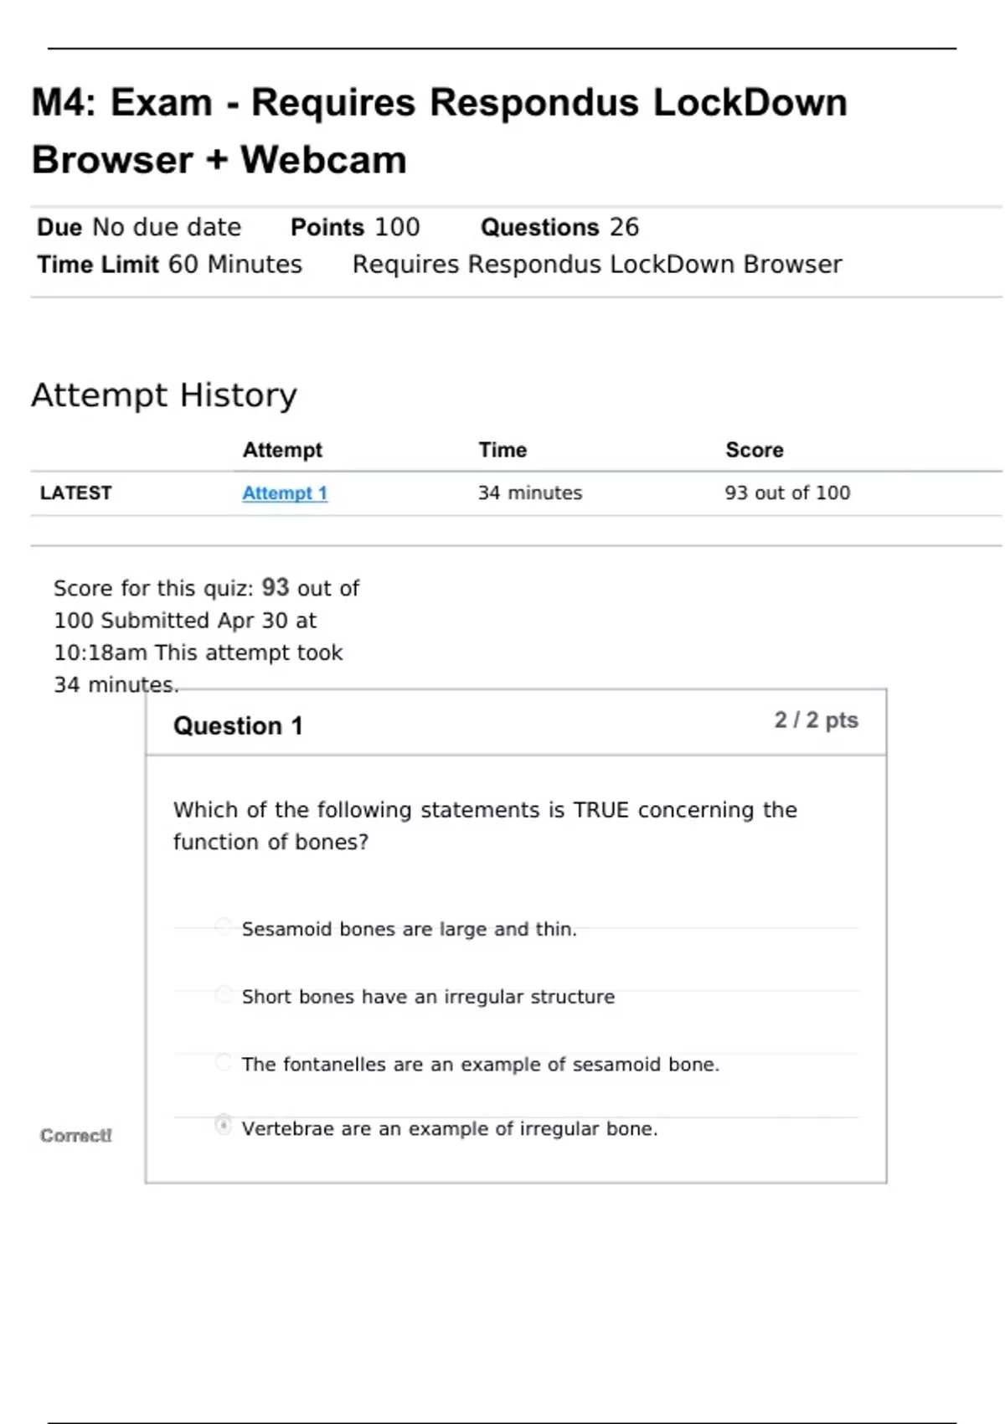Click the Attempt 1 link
[x=285, y=493]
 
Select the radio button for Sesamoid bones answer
[x=223, y=926]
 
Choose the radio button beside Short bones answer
[x=223, y=994]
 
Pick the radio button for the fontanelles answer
[x=223, y=1062]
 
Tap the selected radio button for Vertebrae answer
[x=223, y=1125]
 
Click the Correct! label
[x=75, y=1136]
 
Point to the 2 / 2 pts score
[x=816, y=720]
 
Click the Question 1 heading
[x=238, y=726]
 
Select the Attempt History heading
[x=164, y=395]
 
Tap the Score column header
[x=754, y=451]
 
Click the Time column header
[x=502, y=451]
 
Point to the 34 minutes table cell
[x=529, y=493]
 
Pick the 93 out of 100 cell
[x=787, y=493]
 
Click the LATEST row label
[x=75, y=493]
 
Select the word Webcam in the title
[x=323, y=160]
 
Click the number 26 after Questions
[x=624, y=227]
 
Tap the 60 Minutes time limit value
[x=235, y=265]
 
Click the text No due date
[x=167, y=227]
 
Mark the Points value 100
[x=397, y=227]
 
